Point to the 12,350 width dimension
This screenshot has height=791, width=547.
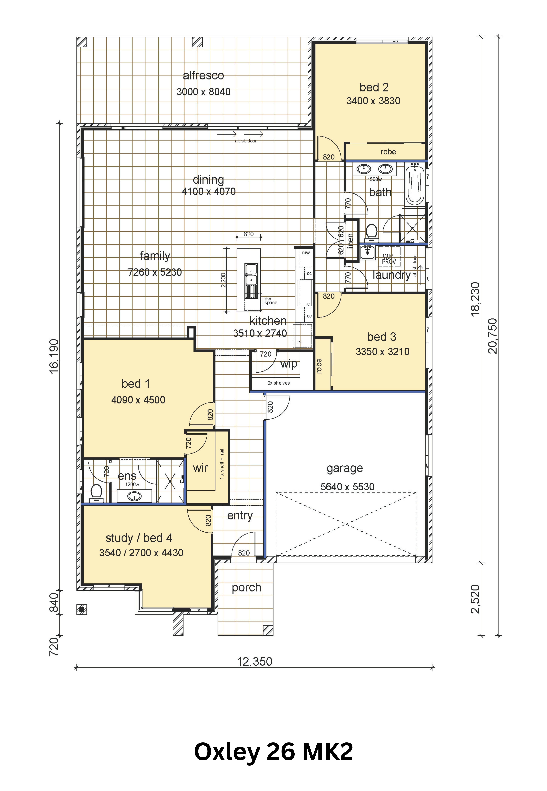pyautogui.click(x=255, y=661)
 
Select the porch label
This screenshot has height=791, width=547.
pyautogui.click(x=246, y=587)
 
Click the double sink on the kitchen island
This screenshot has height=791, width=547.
pyautogui.click(x=251, y=274)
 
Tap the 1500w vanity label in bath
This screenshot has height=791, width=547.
pyautogui.click(x=375, y=179)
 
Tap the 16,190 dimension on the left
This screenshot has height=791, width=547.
pyautogui.click(x=54, y=356)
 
